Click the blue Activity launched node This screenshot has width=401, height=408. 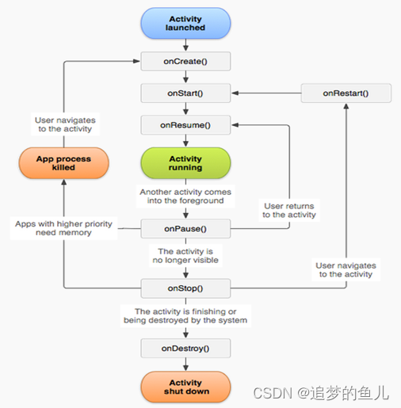(185, 22)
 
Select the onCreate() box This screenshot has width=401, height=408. (185, 61)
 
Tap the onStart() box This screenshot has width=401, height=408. (185, 93)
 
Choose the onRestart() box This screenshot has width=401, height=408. (346, 93)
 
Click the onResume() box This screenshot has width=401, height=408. (185, 124)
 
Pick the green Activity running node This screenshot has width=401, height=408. (185, 163)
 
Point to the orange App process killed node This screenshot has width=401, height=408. (63, 163)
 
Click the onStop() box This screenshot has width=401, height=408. (185, 288)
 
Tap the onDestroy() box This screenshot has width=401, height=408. (185, 348)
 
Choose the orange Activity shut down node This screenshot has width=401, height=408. (185, 387)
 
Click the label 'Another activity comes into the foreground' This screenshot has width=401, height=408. (185, 196)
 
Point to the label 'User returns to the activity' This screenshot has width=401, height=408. (289, 210)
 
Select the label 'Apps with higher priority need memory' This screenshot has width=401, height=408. (64, 229)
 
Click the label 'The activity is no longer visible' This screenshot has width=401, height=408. (185, 255)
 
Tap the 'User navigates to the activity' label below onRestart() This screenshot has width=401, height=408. (346, 270)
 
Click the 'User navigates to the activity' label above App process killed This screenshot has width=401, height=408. (63, 124)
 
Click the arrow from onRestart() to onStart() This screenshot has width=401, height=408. (265, 93)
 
